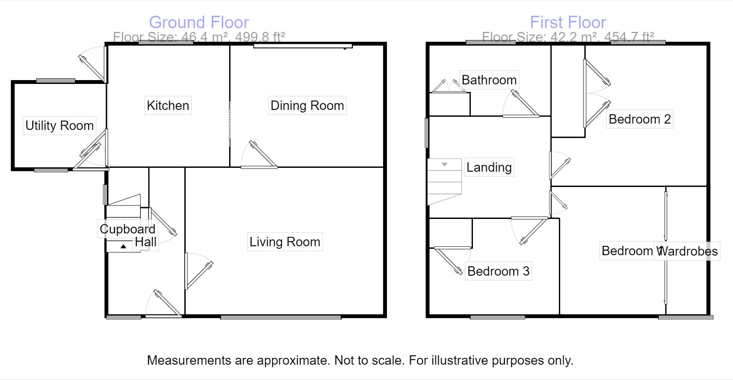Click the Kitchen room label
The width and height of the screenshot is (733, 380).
coord(168,105)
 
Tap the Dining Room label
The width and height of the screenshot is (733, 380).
coord(307,105)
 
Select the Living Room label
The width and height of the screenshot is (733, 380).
coord(284,242)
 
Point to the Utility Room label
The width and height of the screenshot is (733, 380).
coord(59,125)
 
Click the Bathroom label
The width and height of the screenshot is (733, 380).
coord(489,80)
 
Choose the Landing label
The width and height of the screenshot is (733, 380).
coord(489,167)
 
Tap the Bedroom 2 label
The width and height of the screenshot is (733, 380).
coord(639,119)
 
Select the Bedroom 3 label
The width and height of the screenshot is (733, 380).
coord(498,271)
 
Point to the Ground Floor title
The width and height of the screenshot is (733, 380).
coord(199,22)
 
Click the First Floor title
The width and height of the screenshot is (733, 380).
coord(567,22)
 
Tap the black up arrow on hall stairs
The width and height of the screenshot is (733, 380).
coord(123,246)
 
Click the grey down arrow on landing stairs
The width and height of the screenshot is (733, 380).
coord(444,164)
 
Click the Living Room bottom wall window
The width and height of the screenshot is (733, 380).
coord(281,317)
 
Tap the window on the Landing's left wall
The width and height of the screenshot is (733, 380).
coord(427,133)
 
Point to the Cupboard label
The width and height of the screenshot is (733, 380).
coord(127,229)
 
